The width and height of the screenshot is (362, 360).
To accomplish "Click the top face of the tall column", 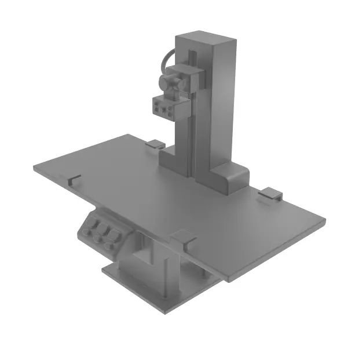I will click(205, 41).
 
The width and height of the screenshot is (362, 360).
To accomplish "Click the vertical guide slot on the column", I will click(191, 133).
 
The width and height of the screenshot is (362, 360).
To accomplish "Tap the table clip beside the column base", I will click(155, 143).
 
